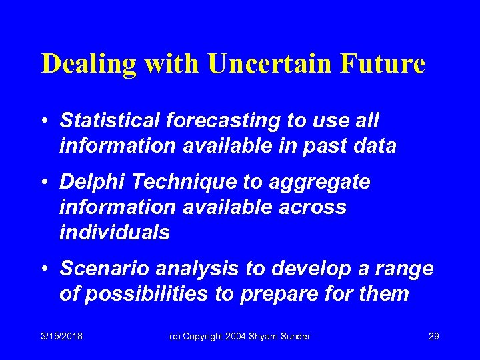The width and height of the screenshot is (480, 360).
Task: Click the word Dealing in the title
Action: pyautogui.click(x=90, y=64)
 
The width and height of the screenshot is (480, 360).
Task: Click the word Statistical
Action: pyautogui.click(x=110, y=121)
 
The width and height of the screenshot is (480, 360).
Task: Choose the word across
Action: pyautogui.click(x=311, y=207)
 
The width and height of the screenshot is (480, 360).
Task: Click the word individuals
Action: pyautogui.click(x=115, y=232)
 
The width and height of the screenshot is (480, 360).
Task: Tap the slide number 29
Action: pyautogui.click(x=433, y=336)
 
